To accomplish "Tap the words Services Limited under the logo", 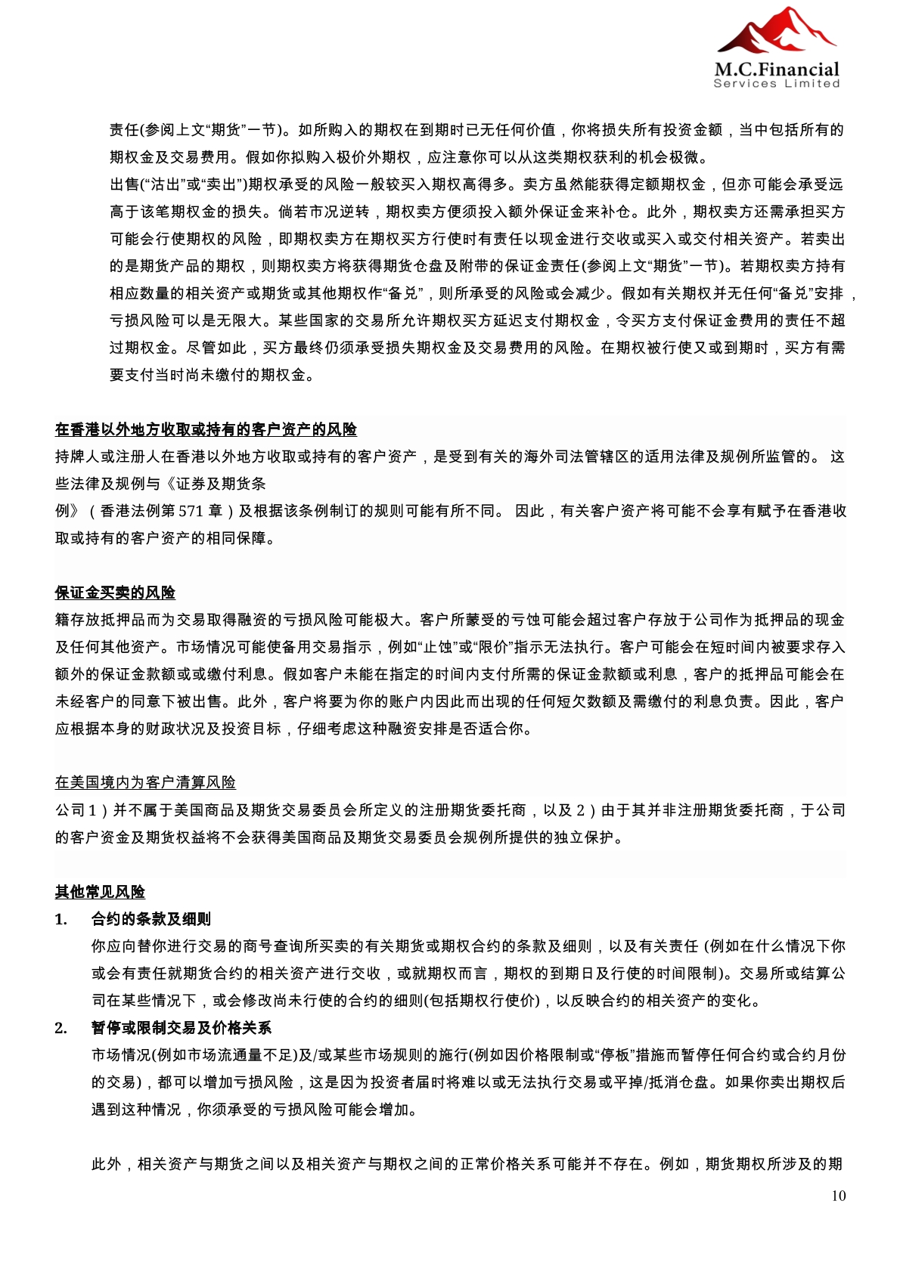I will point(777,84).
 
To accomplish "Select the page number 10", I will point(838,1196).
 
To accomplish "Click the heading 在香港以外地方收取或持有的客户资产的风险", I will point(206,429).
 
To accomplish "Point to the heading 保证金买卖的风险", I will point(115,593).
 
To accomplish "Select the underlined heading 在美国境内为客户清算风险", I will point(145,782).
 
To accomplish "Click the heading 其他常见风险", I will point(100,892).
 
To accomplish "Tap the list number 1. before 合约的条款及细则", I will point(61,919).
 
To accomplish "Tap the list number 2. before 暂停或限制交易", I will point(61,1028).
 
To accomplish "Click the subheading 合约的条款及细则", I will point(151,919).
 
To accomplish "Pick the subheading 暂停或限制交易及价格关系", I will point(182,1028).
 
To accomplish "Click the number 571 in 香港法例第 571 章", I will point(191,511).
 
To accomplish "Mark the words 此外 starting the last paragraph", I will point(107,1164).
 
